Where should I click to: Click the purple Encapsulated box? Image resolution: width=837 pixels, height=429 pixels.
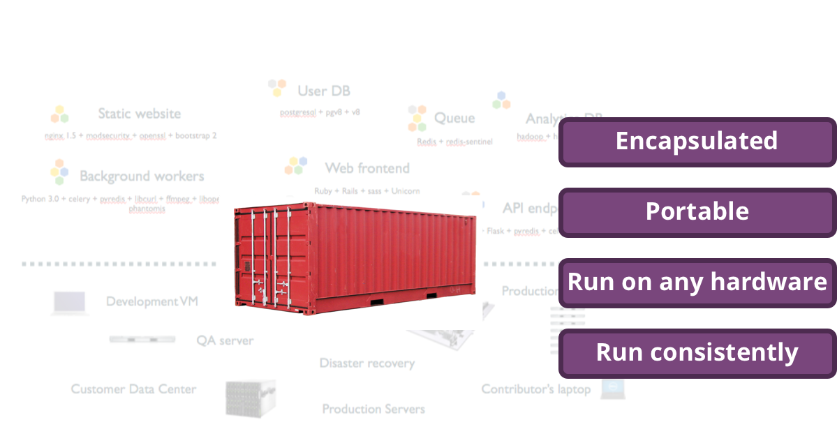click(x=697, y=142)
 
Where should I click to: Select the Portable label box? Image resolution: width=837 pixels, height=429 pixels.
click(x=697, y=212)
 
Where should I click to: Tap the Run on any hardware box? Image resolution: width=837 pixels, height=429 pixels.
click(x=697, y=283)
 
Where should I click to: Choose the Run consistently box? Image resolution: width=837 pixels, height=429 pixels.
click(x=697, y=353)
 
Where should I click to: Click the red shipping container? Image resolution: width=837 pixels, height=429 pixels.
click(x=356, y=255)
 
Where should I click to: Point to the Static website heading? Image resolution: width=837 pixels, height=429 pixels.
click(x=139, y=114)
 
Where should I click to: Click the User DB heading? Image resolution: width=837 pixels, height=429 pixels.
click(x=323, y=91)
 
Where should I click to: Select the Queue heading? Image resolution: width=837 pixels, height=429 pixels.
click(x=454, y=118)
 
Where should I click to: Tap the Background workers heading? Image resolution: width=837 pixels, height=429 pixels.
click(x=142, y=176)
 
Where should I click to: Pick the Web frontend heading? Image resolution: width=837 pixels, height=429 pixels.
click(x=367, y=168)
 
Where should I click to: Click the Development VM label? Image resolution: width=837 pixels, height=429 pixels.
click(x=152, y=301)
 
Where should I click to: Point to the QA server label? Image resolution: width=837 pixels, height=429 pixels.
click(x=225, y=340)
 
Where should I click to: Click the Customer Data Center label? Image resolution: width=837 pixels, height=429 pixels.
click(x=133, y=389)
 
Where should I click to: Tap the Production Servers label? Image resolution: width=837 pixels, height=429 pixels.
click(x=373, y=409)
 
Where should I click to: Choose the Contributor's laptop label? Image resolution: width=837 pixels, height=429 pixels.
click(x=535, y=389)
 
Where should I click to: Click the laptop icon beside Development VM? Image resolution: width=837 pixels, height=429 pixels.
click(x=70, y=303)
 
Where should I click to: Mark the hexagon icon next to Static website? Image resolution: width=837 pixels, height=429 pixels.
click(x=60, y=114)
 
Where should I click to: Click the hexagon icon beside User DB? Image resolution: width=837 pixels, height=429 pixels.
click(x=277, y=88)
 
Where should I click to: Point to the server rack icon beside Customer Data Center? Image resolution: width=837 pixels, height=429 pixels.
click(x=250, y=398)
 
